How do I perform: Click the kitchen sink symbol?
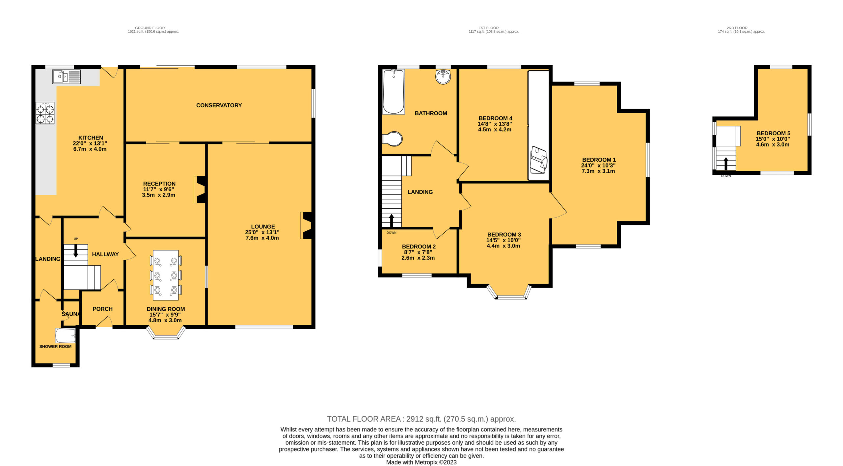click(66, 77)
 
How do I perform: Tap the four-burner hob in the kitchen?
click(45, 113)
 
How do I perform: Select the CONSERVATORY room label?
click(219, 105)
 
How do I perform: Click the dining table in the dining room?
click(166, 275)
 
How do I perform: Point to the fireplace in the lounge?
click(306, 225)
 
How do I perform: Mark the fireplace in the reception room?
click(200, 190)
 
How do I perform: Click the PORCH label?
click(102, 309)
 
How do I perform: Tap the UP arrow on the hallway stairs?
click(76, 251)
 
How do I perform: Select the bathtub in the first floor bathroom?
click(394, 92)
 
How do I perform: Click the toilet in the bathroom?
click(393, 139)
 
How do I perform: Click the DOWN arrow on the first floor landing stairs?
click(392, 221)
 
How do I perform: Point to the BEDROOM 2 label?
click(419, 246)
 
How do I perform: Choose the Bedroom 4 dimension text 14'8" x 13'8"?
click(495, 124)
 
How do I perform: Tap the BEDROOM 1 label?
click(599, 160)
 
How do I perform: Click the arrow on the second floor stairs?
click(726, 164)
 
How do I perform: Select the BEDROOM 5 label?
click(773, 133)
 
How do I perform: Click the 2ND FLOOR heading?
click(737, 28)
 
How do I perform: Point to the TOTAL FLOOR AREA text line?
click(421, 419)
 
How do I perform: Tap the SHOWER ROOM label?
click(55, 347)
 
